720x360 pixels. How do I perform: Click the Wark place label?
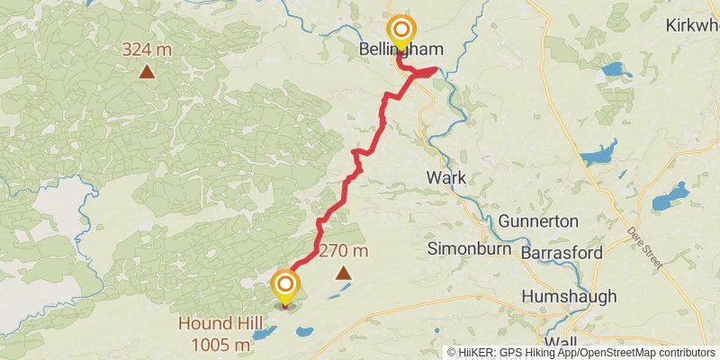(x=446, y=177)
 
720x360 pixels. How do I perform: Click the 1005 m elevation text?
(x=220, y=345)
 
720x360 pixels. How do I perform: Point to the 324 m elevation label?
(x=148, y=49)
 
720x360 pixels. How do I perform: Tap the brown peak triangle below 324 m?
(x=146, y=71)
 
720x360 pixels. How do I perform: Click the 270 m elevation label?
(x=343, y=251)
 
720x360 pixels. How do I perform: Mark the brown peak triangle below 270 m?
(x=343, y=272)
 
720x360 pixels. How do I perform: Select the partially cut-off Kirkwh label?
(x=694, y=25)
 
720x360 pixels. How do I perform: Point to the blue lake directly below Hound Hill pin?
(x=265, y=334)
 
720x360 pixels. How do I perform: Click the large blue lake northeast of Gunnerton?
(x=598, y=154)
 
